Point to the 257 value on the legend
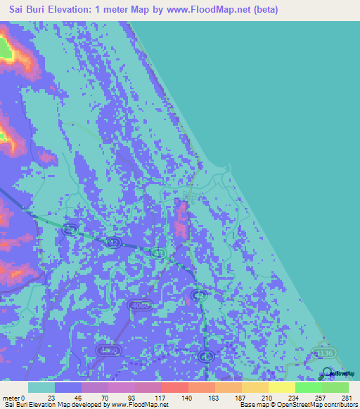[322, 398]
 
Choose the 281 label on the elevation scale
[347, 398]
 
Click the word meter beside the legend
[10, 398]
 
